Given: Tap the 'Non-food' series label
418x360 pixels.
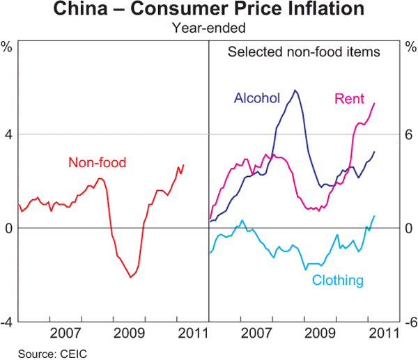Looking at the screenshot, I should pyautogui.click(x=98, y=162).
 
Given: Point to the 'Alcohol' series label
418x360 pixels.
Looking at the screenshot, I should pyautogui.click(x=257, y=98).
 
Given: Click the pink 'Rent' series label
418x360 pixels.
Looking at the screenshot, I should pyautogui.click(x=349, y=98).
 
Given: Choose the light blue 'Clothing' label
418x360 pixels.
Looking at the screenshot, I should pyautogui.click(x=338, y=281).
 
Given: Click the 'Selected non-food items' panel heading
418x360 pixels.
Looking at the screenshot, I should pyautogui.click(x=304, y=52).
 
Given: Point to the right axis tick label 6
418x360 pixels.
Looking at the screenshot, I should pyautogui.click(x=409, y=134).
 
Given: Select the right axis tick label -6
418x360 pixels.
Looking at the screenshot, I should pyautogui.click(x=409, y=322).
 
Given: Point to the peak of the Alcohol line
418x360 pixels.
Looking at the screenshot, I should pyautogui.click(x=295, y=90).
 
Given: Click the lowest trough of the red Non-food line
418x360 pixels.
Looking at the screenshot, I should pyautogui.click(x=130, y=278).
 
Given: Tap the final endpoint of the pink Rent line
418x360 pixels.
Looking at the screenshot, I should pyautogui.click(x=375, y=103).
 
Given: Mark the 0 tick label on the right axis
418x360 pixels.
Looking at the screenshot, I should pyautogui.click(x=409, y=228).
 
